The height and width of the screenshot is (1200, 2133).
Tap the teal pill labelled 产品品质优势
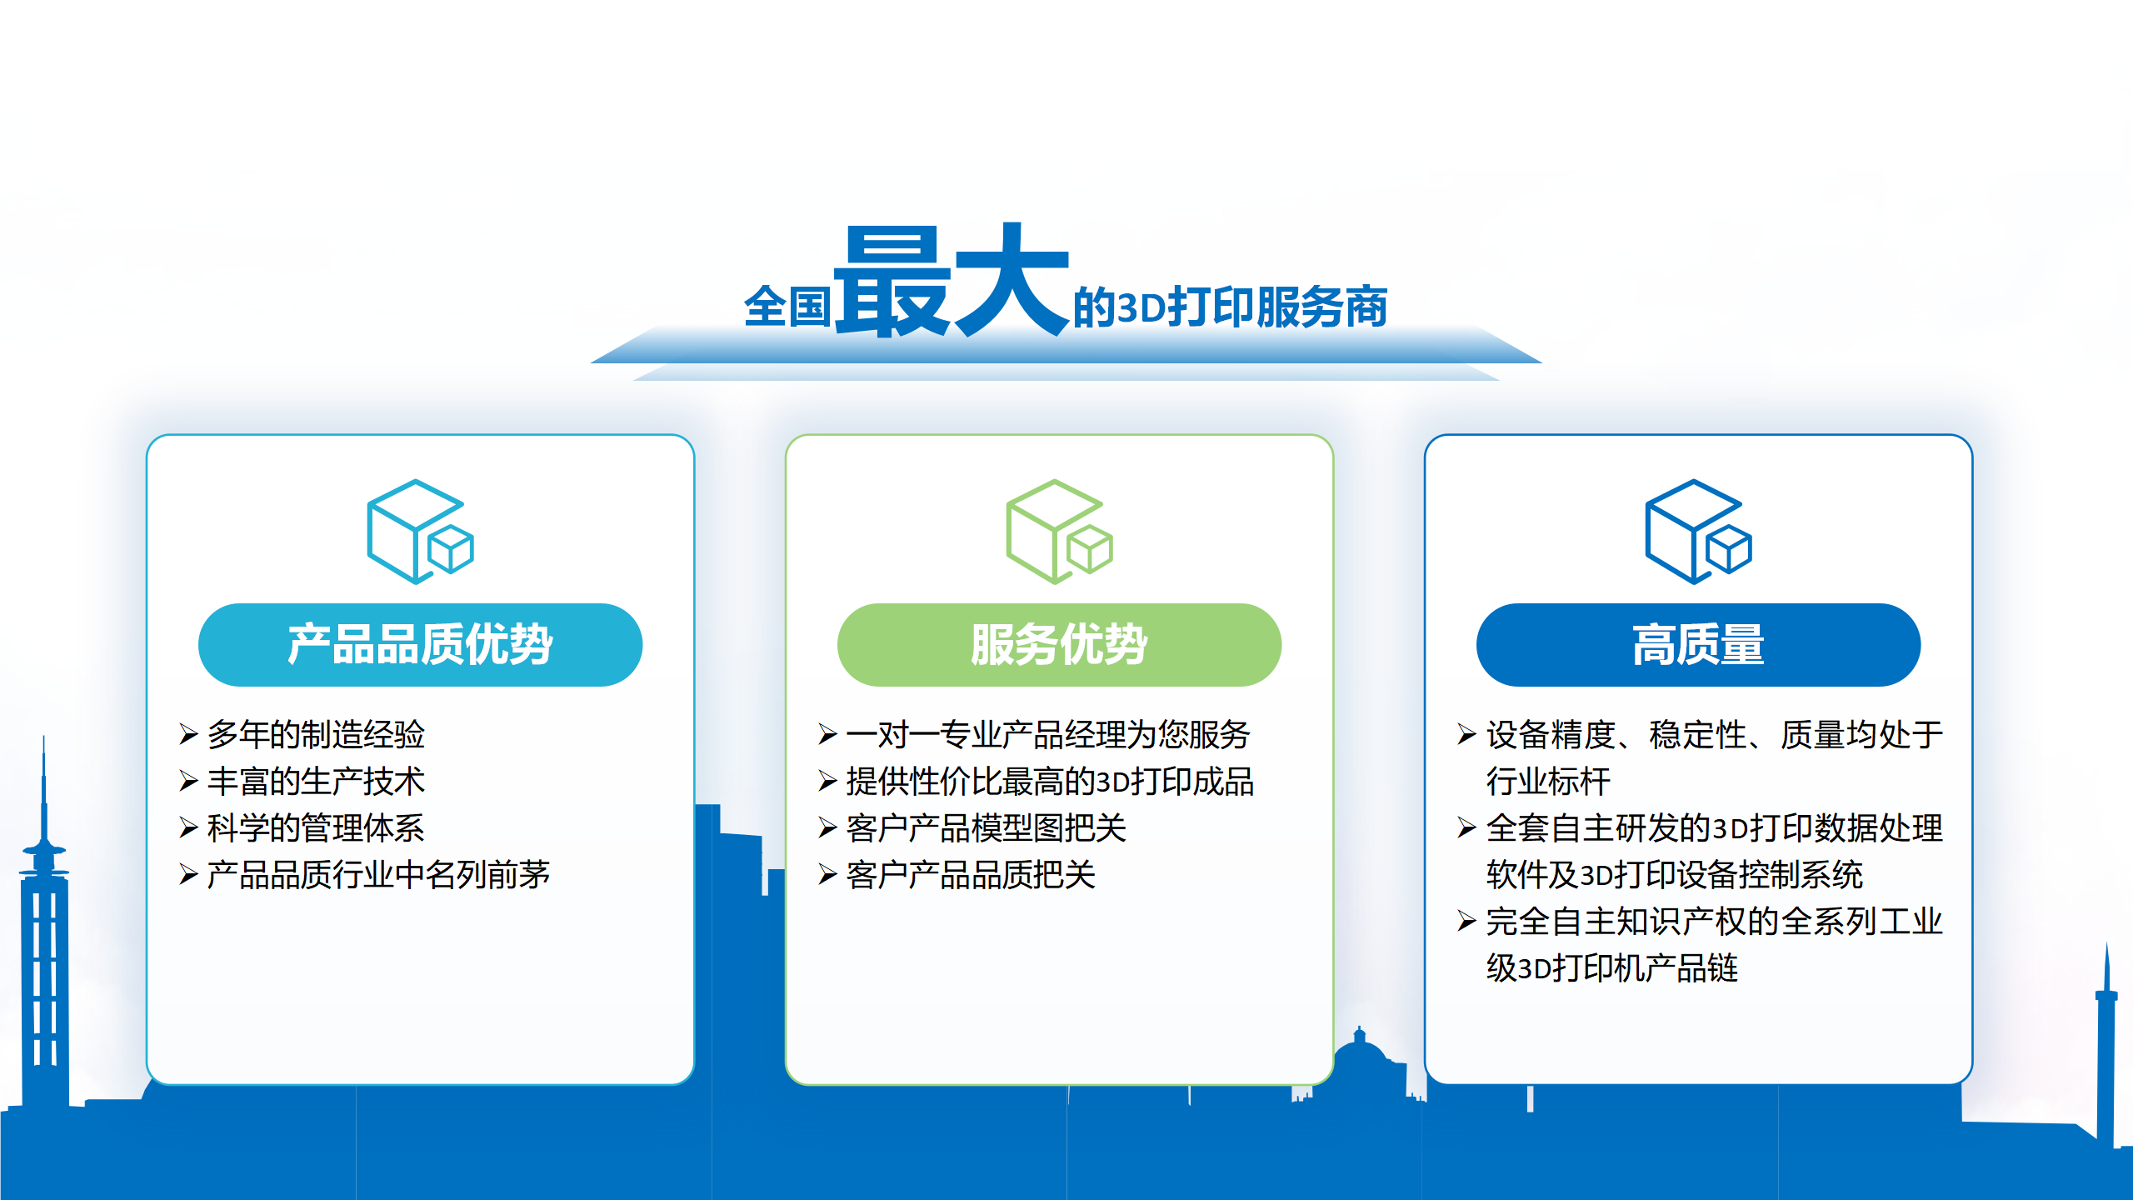click(x=420, y=645)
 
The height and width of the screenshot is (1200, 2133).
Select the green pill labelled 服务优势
click(x=1059, y=645)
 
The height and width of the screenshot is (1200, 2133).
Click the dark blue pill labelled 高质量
click(x=1698, y=645)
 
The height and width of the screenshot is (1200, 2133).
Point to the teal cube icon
click(x=420, y=532)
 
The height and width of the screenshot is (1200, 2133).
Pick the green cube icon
click(x=1059, y=532)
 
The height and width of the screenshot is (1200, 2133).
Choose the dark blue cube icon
click(x=1698, y=532)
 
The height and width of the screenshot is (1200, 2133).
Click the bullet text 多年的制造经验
click(x=316, y=734)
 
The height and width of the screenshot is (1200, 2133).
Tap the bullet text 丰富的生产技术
click(x=316, y=781)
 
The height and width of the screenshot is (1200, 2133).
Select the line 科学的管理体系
click(x=316, y=827)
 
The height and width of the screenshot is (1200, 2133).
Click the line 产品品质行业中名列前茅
click(x=378, y=874)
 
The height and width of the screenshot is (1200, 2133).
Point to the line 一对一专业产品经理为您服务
click(x=1048, y=734)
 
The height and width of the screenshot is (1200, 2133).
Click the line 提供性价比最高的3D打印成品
click(x=1050, y=781)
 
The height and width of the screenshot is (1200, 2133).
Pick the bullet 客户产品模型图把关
click(x=986, y=827)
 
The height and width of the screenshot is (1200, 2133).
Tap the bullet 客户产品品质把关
click(x=971, y=874)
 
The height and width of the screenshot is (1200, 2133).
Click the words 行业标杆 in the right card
click(x=1548, y=781)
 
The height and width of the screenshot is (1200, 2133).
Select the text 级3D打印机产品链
click(x=1612, y=967)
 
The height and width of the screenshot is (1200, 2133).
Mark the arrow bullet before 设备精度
click(x=1466, y=734)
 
